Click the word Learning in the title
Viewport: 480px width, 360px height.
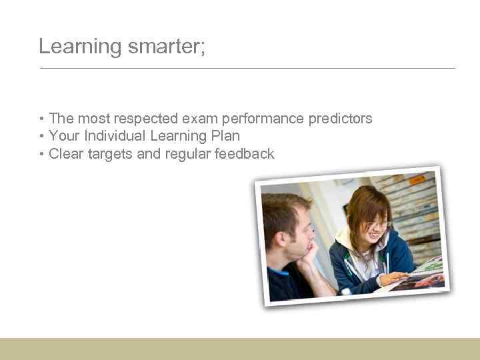tap(70, 47)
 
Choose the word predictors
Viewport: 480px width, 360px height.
tap(340, 119)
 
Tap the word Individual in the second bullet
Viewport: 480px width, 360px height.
tap(115, 136)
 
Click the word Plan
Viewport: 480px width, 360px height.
tap(225, 136)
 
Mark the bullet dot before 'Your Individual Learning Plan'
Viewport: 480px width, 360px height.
tap(42, 137)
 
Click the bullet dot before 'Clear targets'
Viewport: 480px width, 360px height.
tap(42, 155)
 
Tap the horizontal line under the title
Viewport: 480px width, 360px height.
tap(247, 68)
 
